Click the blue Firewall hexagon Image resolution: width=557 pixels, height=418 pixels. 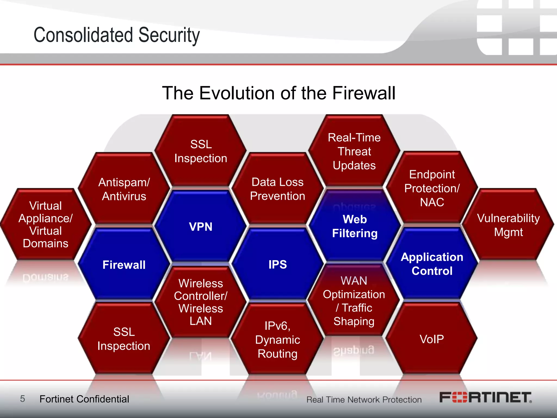(124, 265)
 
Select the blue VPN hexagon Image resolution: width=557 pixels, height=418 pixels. (201, 226)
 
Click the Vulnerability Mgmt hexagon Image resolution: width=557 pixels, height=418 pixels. (508, 225)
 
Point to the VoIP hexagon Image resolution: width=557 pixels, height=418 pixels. (432, 339)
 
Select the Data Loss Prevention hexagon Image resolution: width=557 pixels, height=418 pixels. (277, 189)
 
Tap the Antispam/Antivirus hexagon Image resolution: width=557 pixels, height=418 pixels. (124, 189)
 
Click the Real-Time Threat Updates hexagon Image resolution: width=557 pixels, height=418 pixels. (354, 151)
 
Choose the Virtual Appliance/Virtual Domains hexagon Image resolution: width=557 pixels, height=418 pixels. (45, 224)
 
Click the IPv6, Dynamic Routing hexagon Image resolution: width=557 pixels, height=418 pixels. (277, 340)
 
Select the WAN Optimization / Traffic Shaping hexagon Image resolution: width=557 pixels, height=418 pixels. (354, 301)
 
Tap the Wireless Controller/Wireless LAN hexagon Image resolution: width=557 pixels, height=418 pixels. (201, 302)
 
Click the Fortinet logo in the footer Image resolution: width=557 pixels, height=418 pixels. (485, 398)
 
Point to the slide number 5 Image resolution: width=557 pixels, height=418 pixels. (23, 399)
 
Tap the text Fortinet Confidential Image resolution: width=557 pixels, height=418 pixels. (84, 399)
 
